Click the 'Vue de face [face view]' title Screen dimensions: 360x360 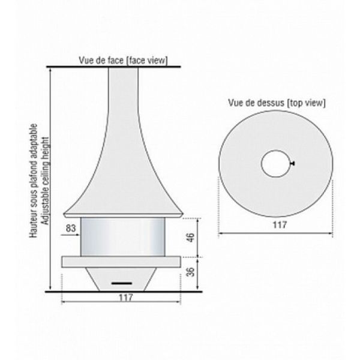coord(123,61)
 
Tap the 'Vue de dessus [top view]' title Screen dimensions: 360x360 coord(277,103)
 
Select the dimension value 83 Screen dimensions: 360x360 coord(71,228)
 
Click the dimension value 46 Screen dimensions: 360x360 coord(191,238)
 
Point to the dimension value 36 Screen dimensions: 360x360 coord(191,272)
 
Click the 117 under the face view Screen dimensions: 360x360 coord(126,298)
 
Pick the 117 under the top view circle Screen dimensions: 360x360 coord(280,224)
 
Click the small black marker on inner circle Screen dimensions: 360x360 coord(292,163)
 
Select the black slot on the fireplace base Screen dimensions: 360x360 coord(122,283)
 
